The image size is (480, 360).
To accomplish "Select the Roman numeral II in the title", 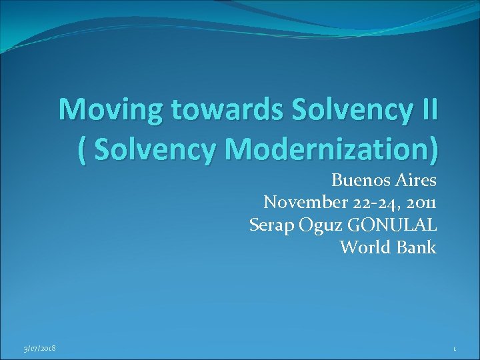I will (x=425, y=110).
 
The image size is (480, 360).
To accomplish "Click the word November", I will (x=303, y=202).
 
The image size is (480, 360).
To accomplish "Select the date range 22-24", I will (x=370, y=202).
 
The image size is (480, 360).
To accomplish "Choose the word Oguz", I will (x=317, y=225).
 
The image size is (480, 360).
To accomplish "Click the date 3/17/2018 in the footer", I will (x=41, y=348).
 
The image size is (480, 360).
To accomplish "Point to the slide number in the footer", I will (x=453, y=348).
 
